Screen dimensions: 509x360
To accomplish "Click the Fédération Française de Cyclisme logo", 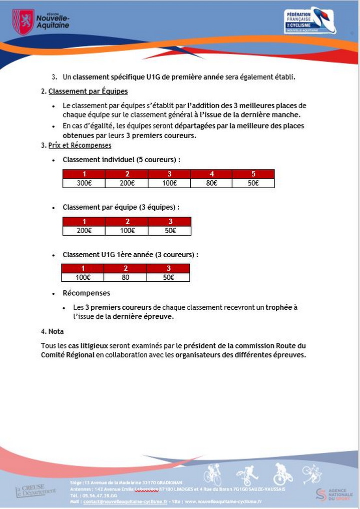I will [x=309, y=21].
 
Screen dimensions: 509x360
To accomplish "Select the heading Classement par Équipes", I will [x=88, y=92].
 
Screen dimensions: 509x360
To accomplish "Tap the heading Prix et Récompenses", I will [x=80, y=145].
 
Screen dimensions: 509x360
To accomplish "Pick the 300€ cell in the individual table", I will [x=84, y=183].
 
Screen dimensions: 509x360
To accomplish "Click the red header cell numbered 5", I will [x=253, y=174].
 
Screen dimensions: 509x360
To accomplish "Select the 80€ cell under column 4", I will [x=211, y=183].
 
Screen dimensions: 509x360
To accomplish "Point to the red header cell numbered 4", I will [x=211, y=174].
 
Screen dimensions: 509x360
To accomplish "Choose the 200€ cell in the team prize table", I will [x=84, y=231].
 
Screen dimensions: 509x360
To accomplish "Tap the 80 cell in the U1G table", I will [x=125, y=277].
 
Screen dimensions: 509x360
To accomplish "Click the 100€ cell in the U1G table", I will [x=83, y=277].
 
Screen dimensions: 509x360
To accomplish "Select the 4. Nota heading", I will [x=52, y=331].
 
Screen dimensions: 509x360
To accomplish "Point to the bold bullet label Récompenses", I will [x=86, y=293].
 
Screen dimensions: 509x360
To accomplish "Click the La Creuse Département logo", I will [x=36, y=490].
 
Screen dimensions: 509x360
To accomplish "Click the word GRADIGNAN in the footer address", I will [x=175, y=481].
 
